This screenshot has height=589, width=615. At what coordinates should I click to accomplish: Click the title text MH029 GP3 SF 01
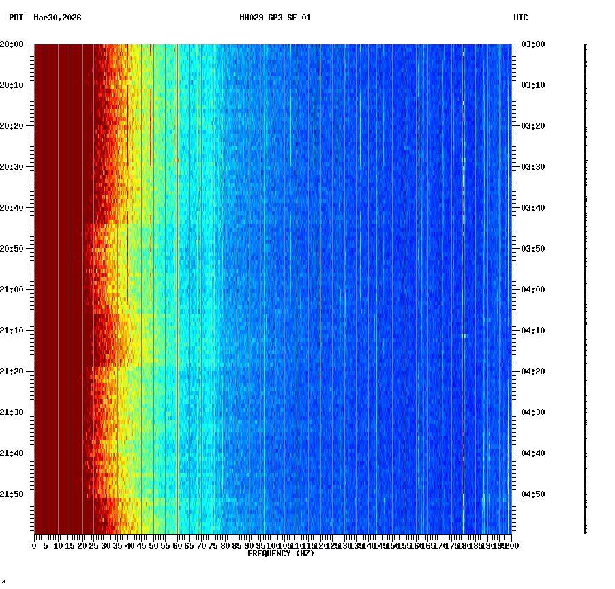[x=275, y=18]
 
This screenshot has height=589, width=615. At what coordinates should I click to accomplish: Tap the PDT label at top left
[x=16, y=18]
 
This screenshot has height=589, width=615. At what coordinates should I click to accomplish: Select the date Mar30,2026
[x=57, y=18]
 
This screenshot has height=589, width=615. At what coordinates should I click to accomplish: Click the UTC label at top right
[x=520, y=18]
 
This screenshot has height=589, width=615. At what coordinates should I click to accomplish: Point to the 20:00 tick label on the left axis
[x=12, y=44]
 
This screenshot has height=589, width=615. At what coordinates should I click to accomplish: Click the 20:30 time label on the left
[x=12, y=167]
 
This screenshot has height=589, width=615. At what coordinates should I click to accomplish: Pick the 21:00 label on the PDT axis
[x=12, y=290]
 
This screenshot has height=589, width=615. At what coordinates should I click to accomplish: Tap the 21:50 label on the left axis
[x=12, y=494]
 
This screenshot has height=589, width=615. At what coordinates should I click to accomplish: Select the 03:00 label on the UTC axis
[x=532, y=44]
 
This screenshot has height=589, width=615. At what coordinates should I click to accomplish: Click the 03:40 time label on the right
[x=532, y=208]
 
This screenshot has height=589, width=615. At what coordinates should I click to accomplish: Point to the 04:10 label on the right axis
[x=532, y=331]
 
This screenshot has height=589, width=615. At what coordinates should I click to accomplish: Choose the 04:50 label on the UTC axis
[x=532, y=494]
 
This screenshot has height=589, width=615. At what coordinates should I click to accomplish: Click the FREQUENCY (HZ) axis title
[x=280, y=554]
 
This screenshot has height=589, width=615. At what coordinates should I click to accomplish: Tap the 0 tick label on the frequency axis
[x=35, y=546]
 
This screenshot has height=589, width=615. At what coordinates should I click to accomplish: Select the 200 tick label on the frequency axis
[x=511, y=546]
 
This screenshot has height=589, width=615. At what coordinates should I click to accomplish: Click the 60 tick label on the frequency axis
[x=177, y=546]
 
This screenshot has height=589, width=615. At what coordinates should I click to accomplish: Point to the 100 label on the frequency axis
[x=273, y=546]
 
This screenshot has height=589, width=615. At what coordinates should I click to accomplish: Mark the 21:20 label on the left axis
[x=12, y=372]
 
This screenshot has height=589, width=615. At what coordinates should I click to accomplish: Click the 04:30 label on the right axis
[x=532, y=412]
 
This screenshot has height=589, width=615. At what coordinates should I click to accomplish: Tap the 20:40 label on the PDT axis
[x=12, y=208]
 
